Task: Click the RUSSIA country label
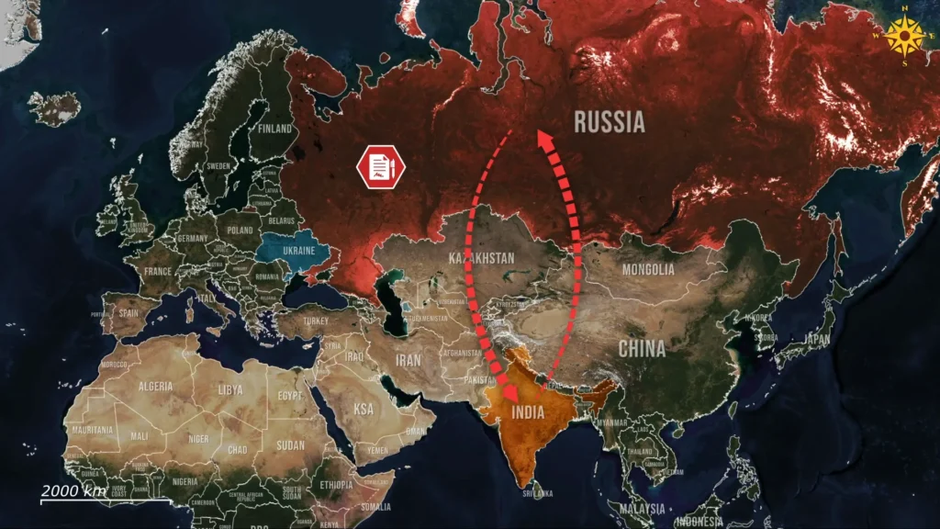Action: (x=610, y=121)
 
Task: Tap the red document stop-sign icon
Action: (x=379, y=167)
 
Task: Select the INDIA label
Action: (x=527, y=413)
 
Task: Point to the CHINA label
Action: (x=642, y=349)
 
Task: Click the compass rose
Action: (x=909, y=37)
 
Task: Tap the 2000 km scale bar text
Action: (x=73, y=490)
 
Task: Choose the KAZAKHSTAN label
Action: (x=481, y=258)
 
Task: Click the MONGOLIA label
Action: (x=648, y=270)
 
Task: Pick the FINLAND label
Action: (x=275, y=129)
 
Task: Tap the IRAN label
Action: (x=408, y=361)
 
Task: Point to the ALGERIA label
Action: (x=155, y=387)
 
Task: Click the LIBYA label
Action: (x=229, y=389)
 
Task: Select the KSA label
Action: (x=364, y=409)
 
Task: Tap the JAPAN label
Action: (x=816, y=338)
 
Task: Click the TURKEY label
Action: (x=316, y=321)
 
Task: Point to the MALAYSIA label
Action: (x=642, y=508)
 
